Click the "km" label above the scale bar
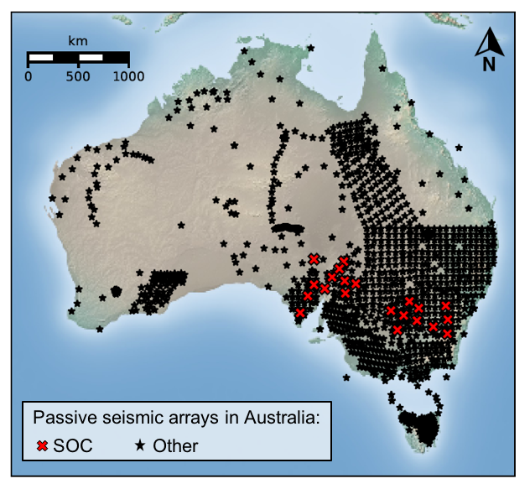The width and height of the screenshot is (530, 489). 78,41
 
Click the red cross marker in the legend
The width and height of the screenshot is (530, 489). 42,445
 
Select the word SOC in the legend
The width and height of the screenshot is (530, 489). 73,445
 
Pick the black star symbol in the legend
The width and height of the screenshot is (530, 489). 141,445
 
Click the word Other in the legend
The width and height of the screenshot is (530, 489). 175,445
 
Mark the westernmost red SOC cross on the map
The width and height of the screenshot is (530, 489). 300,313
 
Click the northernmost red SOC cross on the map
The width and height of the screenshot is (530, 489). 314,259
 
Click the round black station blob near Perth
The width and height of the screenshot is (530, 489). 117,292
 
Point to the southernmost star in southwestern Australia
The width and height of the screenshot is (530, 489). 100,329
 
